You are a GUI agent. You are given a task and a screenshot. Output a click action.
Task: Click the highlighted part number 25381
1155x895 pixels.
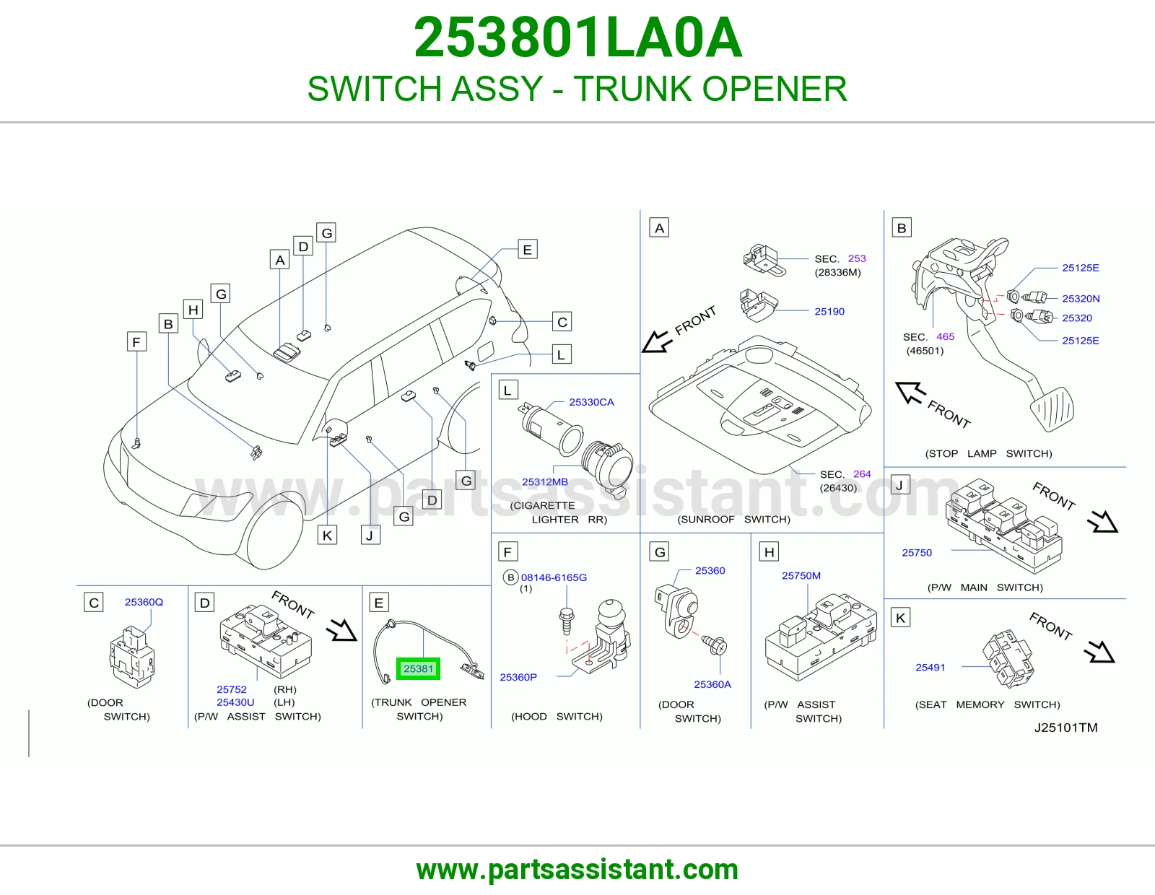tap(418, 668)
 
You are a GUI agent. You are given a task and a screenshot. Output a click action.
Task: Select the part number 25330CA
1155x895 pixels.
tap(591, 402)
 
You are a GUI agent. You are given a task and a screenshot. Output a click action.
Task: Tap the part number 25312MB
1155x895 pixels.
tap(544, 482)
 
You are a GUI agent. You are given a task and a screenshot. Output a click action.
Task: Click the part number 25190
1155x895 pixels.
tap(829, 311)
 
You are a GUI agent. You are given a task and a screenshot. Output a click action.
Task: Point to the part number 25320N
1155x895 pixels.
tap(1081, 299)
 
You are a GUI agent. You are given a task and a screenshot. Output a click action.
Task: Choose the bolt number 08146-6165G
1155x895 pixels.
tap(553, 577)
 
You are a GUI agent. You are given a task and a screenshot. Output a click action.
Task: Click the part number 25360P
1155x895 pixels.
tap(518, 677)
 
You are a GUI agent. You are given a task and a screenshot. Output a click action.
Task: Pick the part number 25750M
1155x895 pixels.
tap(801, 575)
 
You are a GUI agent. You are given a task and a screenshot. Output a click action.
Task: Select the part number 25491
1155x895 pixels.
tap(930, 668)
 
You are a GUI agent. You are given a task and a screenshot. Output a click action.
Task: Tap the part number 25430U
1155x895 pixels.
tap(235, 702)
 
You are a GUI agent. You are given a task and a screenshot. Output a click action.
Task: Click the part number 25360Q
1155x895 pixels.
tap(144, 602)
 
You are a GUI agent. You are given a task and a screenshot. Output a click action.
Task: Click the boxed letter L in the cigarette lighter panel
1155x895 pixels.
tap(507, 390)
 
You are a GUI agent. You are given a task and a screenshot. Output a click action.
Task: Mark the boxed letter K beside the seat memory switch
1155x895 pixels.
tap(900, 618)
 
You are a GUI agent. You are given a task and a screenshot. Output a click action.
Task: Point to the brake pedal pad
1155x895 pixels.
tap(1052, 409)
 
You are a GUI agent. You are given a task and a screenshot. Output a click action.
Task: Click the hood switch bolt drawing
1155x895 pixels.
tap(567, 621)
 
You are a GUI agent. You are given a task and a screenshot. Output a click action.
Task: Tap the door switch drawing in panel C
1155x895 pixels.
tap(132, 658)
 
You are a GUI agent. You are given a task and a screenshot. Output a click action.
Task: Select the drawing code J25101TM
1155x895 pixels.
tap(1065, 728)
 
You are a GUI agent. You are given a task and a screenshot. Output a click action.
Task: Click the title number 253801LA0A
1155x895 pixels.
tap(577, 38)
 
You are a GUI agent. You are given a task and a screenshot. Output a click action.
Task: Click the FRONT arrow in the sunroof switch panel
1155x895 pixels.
tap(657, 342)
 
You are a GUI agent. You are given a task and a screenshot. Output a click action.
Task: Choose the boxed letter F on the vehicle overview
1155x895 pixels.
tap(136, 341)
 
